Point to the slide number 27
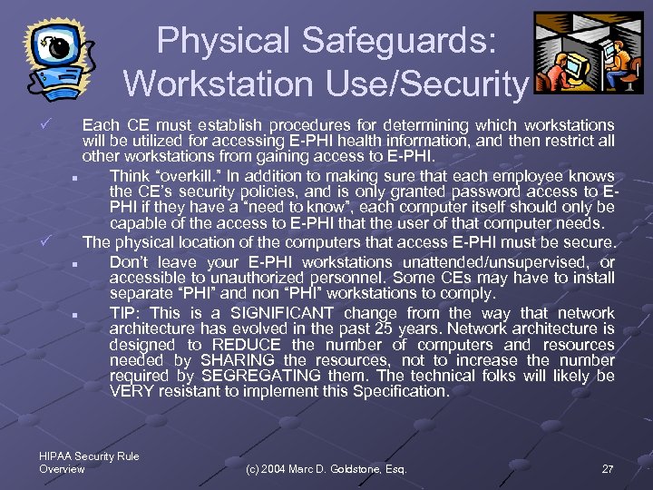click(x=607, y=468)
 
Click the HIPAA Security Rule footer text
click(x=90, y=456)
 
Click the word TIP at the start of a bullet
click(x=123, y=312)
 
